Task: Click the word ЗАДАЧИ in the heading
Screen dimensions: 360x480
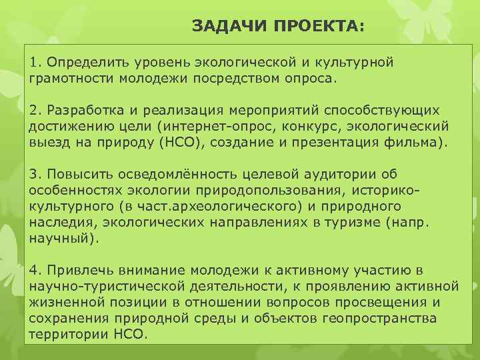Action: tap(221, 26)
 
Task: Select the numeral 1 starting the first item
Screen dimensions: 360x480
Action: tap(33, 63)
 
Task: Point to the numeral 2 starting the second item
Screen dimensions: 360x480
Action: tap(34, 109)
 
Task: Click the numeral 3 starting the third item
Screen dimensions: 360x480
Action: tap(34, 174)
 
